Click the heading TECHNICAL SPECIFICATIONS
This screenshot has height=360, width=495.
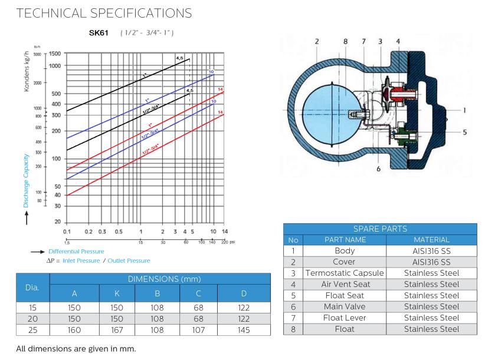99,12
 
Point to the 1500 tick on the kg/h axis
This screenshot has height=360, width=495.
55,54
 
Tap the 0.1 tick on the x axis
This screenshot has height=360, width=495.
67,232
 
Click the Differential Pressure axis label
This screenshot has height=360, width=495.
76,252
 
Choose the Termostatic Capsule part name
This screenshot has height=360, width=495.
344,273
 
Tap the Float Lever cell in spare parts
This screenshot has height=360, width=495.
344,318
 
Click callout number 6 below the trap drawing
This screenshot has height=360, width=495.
378,168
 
